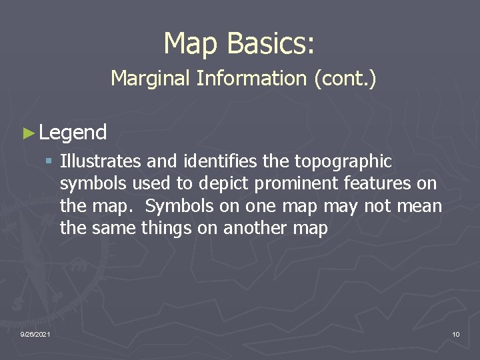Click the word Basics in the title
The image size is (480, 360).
(271, 43)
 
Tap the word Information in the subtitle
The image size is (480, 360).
(251, 79)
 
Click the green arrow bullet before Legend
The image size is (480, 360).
(27, 133)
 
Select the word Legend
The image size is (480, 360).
(73, 133)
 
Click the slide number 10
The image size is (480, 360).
(455, 333)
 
